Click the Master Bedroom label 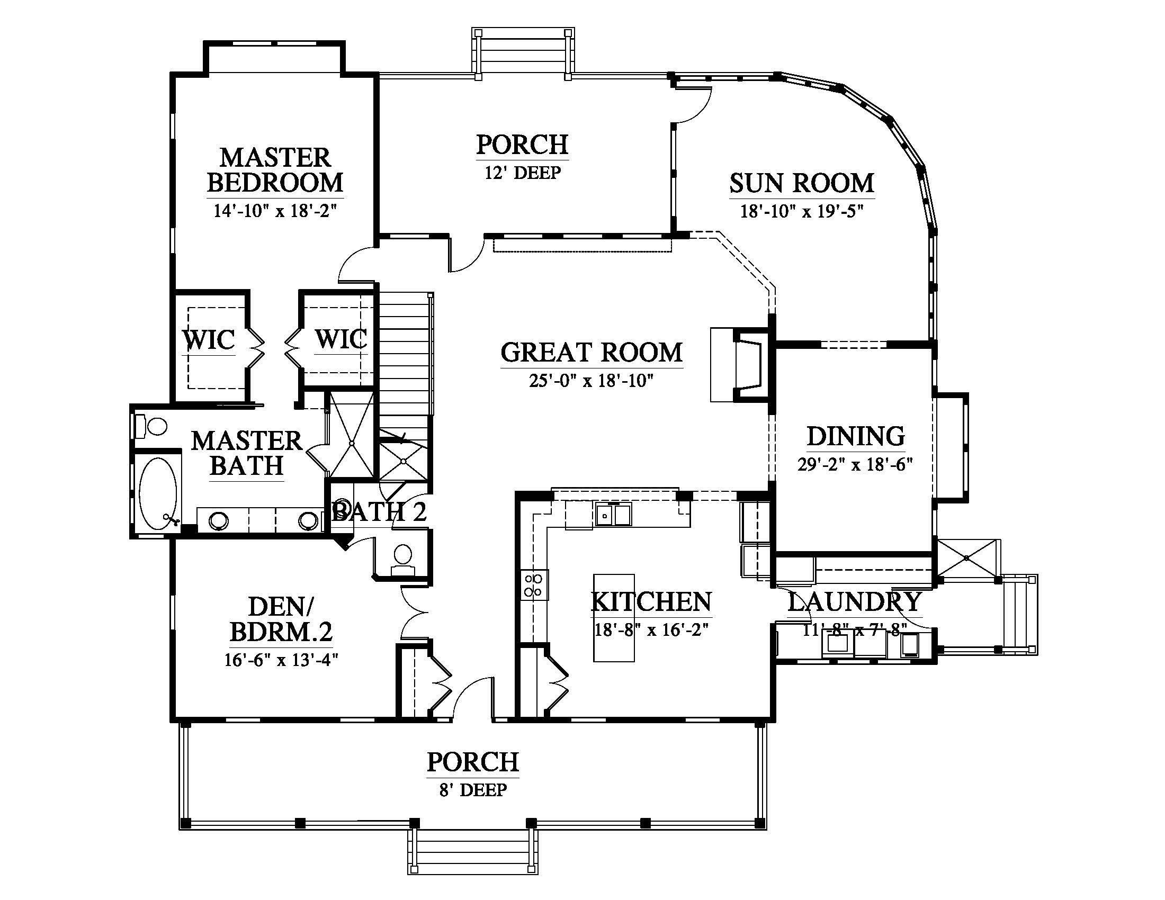(275, 170)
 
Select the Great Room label (592, 353)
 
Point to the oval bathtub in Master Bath (158, 493)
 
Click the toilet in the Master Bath (151, 426)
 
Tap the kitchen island (614, 617)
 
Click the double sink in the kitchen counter (614, 515)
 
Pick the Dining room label (856, 436)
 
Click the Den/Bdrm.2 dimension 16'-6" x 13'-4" (281, 660)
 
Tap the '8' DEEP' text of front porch (473, 790)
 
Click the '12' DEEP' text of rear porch (523, 173)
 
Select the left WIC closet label (209, 340)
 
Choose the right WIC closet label (341, 339)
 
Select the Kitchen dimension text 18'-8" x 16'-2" (651, 629)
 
